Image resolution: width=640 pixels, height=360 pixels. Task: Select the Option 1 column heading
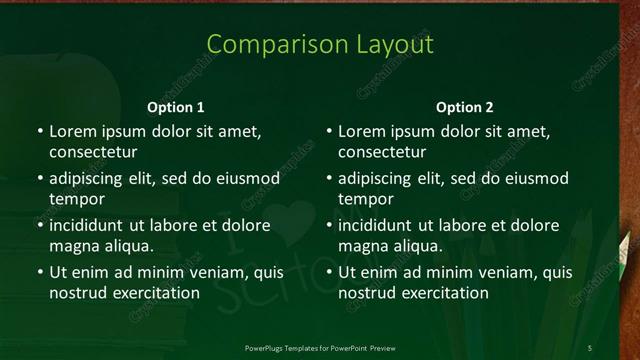coord(176,107)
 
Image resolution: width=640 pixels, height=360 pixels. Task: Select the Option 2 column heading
coord(465,107)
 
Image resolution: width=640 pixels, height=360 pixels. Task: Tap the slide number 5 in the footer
coord(589,347)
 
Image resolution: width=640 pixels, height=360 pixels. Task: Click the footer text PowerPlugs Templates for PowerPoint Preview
coord(320,347)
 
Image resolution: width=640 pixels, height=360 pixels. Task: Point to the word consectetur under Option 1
coord(93,152)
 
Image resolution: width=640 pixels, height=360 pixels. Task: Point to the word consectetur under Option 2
coord(382,152)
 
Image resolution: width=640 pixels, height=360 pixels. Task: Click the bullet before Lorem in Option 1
coord(39,132)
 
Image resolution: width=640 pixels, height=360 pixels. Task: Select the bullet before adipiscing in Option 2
coord(328,179)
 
